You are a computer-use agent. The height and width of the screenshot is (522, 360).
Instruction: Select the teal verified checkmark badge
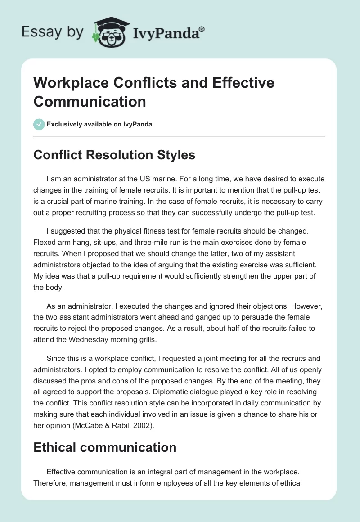point(39,124)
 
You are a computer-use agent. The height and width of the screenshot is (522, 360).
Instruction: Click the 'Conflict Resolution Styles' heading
point(114,155)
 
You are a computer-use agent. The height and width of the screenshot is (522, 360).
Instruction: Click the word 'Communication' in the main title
point(90,101)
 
